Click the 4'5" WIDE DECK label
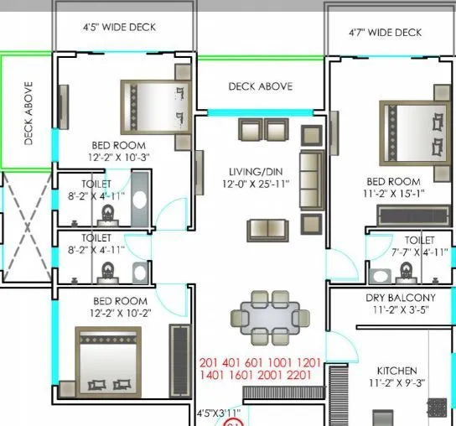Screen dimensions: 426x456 click(119, 27)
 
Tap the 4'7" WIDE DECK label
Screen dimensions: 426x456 click(385, 33)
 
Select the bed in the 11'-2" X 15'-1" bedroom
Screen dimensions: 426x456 click(408, 138)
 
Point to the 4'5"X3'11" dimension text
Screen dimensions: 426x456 click(218, 413)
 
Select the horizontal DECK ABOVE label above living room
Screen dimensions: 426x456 click(260, 86)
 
